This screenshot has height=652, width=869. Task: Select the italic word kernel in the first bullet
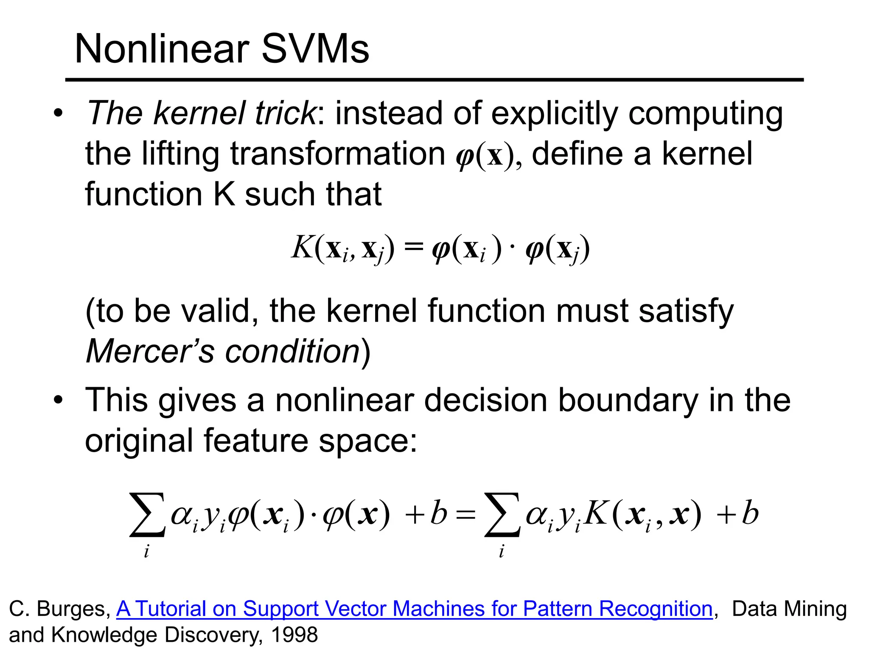199,113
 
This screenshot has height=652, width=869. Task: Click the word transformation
337,154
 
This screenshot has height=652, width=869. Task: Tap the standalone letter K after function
224,194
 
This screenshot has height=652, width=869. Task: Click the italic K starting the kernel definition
302,247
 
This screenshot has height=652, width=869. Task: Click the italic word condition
292,351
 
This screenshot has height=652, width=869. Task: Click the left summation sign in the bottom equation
147,514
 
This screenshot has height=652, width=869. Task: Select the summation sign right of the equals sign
502,514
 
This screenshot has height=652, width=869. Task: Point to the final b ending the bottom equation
750,513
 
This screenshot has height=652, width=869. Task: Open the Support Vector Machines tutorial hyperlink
414,609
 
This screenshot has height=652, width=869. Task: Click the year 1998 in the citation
294,635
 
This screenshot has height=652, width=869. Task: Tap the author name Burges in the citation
73,609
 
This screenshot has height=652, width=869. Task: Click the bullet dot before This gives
58,400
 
